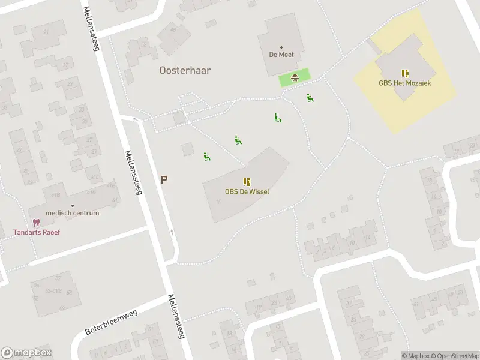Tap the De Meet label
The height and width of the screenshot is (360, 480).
[x=281, y=54]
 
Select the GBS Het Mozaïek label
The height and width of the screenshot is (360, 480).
[x=405, y=83]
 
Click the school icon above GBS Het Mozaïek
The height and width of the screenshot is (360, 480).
[x=405, y=73]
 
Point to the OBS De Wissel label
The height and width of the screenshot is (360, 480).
[x=247, y=192]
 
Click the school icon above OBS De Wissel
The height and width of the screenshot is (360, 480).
[x=247, y=182]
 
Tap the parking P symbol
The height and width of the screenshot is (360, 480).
[x=164, y=179]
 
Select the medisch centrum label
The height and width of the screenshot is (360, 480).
[x=72, y=213]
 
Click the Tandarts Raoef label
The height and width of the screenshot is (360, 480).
[x=37, y=232]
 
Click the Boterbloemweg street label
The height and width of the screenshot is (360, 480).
[x=111, y=323]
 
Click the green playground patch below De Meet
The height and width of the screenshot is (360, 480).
[x=295, y=77]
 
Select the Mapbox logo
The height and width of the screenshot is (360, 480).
[x=26, y=353]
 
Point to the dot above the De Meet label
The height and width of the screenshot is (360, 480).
[x=281, y=47]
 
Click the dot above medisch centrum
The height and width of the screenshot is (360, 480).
[x=72, y=205]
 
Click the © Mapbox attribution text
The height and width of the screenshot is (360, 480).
[x=416, y=356]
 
